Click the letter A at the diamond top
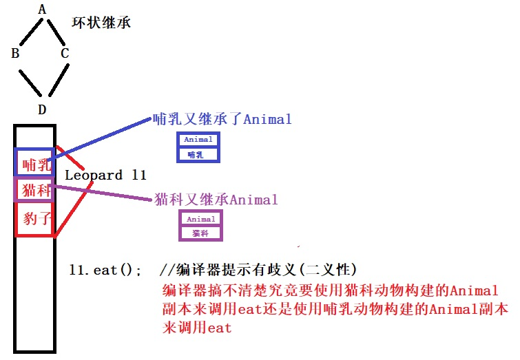point(43,9)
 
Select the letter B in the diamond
point(15,53)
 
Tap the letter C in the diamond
point(64,53)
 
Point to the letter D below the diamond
point(42,109)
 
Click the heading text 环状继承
point(101,23)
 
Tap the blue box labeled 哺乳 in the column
point(34,164)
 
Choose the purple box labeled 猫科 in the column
point(34,189)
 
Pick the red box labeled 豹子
point(34,218)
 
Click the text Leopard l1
point(105,175)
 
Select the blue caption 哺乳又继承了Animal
point(222,119)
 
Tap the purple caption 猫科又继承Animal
point(216,200)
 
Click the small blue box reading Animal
point(198,140)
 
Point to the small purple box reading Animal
point(201,219)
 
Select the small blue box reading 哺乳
point(198,155)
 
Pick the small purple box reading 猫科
point(201,233)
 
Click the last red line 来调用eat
point(197,328)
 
